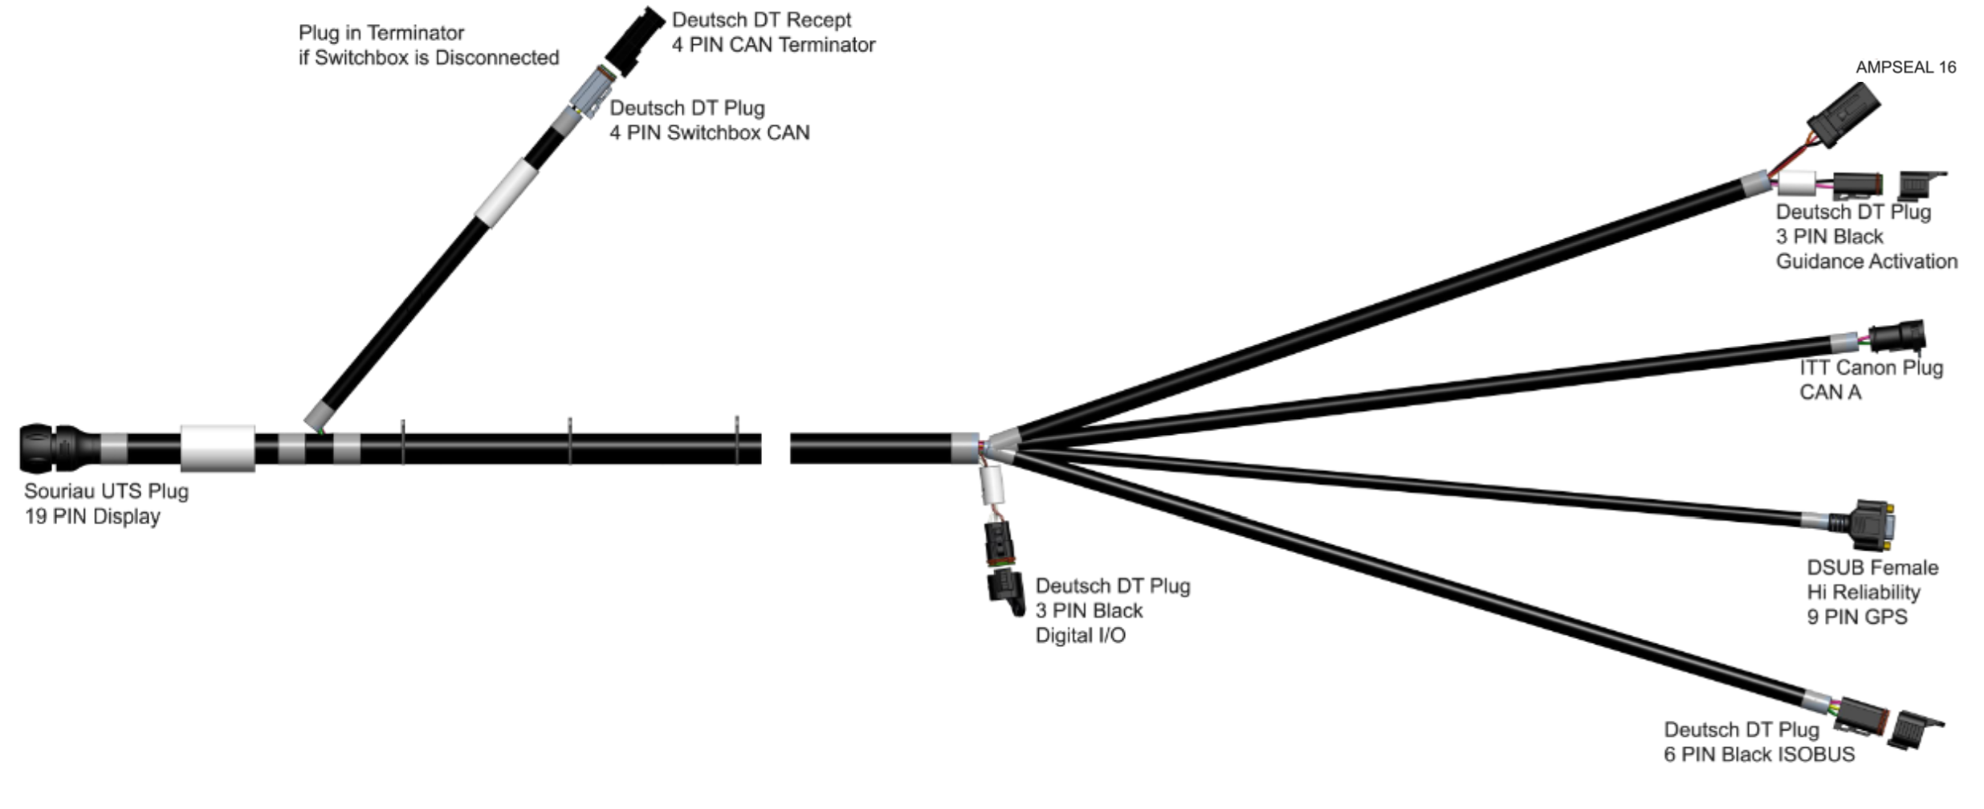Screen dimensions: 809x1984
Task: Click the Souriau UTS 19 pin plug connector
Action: [50, 448]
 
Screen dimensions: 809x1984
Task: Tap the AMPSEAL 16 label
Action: [1905, 67]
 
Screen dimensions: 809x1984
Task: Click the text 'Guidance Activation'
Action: [1866, 262]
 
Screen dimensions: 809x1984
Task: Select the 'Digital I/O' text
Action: [1080, 636]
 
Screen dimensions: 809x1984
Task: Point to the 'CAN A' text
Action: [1830, 392]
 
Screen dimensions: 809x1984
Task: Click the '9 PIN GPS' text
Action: [1856, 617]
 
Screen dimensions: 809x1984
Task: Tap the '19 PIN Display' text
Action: [92, 517]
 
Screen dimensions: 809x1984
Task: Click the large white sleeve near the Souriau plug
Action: [218, 448]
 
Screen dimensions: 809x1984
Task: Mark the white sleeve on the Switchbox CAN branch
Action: [506, 191]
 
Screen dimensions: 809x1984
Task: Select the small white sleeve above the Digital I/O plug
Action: [993, 486]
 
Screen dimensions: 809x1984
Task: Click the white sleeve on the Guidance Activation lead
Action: [1797, 184]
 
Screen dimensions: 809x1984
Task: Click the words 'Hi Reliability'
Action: [1863, 592]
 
